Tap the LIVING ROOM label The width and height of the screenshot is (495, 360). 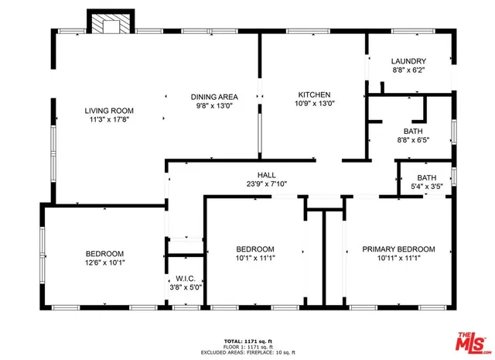click(109, 111)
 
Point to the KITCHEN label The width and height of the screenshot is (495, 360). click(313, 94)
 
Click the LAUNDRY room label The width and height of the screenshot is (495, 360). click(408, 61)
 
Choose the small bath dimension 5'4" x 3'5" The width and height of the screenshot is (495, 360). click(426, 187)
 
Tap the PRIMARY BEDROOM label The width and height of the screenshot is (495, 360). click(398, 249)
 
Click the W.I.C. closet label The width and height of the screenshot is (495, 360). click(185, 279)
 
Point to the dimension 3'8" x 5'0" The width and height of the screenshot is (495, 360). click(185, 287)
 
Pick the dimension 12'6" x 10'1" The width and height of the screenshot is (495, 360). click(104, 263)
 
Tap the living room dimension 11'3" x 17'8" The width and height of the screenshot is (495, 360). click(109, 120)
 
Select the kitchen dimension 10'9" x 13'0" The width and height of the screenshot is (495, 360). click(313, 103)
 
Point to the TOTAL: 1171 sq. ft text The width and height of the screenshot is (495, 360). click(247, 340)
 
